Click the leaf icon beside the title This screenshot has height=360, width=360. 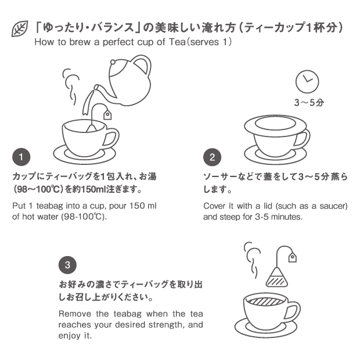coord(20,28)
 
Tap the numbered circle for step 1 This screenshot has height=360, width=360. coord(21,157)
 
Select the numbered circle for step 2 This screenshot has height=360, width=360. coord(212,157)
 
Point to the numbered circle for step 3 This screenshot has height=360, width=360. coord(67,265)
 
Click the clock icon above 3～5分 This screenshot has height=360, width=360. coord(307,81)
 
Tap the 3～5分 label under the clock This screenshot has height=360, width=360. coord(309,102)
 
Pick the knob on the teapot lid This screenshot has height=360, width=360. coord(113,62)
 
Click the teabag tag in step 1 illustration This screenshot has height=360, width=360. coord(107,115)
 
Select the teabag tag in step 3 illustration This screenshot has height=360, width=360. coord(292,257)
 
